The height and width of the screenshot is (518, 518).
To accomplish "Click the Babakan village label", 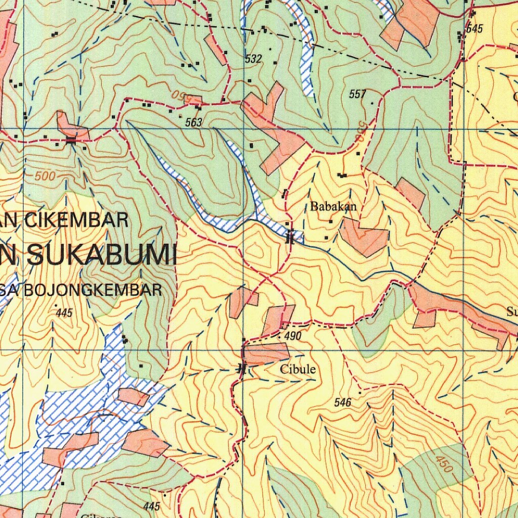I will coord(333,206).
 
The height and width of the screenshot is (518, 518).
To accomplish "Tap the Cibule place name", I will coord(298,369).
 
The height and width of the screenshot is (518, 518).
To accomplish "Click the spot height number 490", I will coord(293,337).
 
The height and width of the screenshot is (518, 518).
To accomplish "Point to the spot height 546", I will coord(343,403).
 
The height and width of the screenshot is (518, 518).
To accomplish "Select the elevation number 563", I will coord(193,122).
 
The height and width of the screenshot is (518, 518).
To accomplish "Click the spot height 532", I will coord(253,59).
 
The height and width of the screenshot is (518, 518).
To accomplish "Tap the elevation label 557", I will coord(357,94).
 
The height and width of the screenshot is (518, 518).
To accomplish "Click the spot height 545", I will coord(474,29).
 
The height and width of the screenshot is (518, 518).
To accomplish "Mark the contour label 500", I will coord(45,177).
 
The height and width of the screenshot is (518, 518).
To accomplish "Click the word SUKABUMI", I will coord(101,254).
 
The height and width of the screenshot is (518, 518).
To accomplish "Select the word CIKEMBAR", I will coord(76,221).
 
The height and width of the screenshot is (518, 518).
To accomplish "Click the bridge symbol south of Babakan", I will coord(289,237).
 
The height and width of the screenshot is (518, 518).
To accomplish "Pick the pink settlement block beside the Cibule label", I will coord(266,353).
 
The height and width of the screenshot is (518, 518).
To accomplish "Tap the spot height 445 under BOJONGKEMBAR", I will coord(64,313).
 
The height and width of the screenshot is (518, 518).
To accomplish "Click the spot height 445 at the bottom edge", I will coord(151,506).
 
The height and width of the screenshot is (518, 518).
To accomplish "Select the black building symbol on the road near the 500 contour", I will coord(71,140).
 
